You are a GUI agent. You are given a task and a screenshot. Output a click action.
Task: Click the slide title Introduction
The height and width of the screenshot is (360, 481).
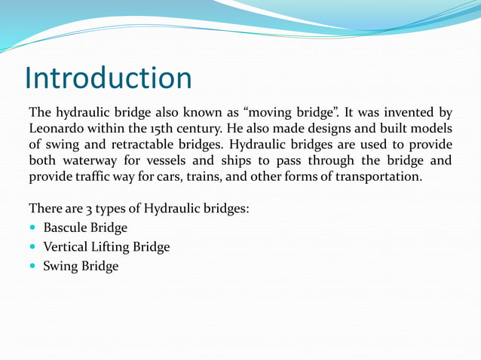[108, 78]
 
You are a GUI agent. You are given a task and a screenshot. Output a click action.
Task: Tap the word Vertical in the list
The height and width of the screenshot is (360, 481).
[67, 247]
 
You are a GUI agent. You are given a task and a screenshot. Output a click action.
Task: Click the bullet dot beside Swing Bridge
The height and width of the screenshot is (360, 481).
[33, 267]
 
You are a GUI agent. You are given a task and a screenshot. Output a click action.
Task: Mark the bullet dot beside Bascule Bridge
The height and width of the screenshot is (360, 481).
[33, 228]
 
